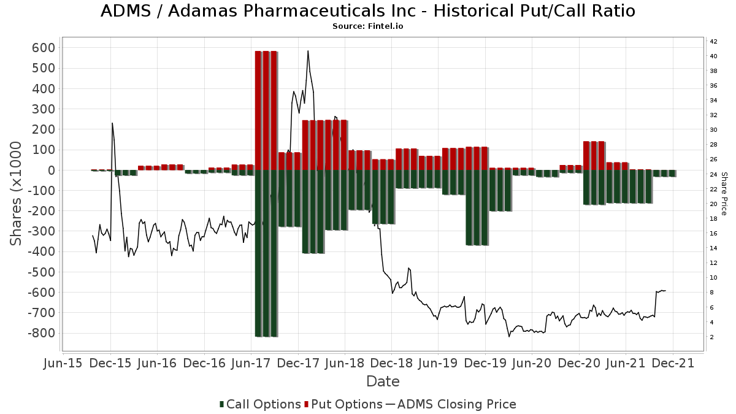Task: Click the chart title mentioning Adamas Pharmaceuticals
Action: [x=367, y=11]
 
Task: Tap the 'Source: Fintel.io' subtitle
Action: [x=367, y=26]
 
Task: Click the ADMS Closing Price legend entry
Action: [x=451, y=404]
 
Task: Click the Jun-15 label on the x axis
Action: [x=64, y=363]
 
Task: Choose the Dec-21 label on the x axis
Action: [x=673, y=363]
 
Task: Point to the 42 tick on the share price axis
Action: [x=713, y=42]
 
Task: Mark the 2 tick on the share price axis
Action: [x=711, y=337]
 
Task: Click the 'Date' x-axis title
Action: [x=383, y=381]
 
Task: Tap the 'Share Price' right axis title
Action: [x=724, y=193]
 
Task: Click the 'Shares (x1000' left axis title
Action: [x=17, y=193]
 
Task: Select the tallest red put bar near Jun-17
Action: [x=266, y=110]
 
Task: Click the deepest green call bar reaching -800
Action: [x=266, y=253]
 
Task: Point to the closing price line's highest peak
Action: [x=308, y=52]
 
